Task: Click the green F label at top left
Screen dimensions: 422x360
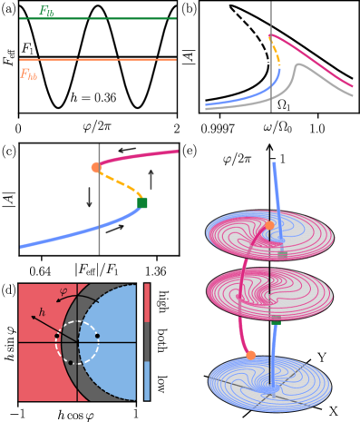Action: tap(45, 12)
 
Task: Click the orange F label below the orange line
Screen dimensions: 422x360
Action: tap(28, 75)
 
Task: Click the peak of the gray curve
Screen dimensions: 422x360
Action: tap(295, 65)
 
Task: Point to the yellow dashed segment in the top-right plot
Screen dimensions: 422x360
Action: tap(276, 54)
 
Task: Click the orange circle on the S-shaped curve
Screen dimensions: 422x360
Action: tap(96, 167)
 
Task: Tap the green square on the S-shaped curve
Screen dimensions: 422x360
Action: tap(142, 202)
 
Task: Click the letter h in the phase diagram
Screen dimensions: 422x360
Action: tap(42, 312)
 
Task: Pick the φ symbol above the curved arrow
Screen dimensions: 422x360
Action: tap(63, 291)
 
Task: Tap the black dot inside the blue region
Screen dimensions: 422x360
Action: tap(97, 336)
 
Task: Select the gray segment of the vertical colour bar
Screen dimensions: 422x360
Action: tap(147, 341)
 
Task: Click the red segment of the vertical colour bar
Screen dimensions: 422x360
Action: tap(147, 302)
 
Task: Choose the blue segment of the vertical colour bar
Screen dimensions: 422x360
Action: tap(147, 381)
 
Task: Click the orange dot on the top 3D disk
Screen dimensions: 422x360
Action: tap(269, 225)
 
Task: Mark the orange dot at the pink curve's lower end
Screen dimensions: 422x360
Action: tap(250, 355)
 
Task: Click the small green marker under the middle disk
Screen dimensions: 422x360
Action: tap(276, 322)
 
